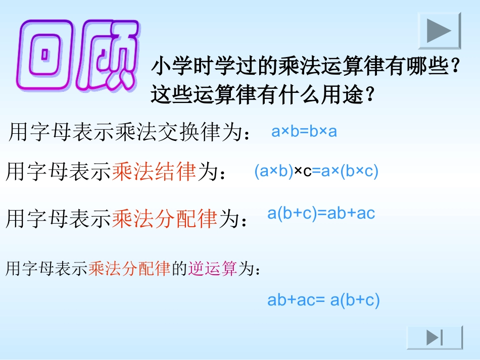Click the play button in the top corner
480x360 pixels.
(x=439, y=31)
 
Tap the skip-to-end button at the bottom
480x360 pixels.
(x=435, y=337)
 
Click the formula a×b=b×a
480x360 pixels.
(x=304, y=132)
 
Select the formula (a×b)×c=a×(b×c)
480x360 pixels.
(x=316, y=172)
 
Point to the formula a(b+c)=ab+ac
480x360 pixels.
(x=321, y=213)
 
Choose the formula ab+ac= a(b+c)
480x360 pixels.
(x=323, y=300)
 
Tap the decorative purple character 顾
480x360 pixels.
(x=109, y=55)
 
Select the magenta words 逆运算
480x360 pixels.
(x=212, y=270)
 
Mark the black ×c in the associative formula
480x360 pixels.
(x=303, y=172)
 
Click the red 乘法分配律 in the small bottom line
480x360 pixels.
(x=129, y=270)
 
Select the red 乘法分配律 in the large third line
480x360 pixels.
(x=165, y=219)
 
